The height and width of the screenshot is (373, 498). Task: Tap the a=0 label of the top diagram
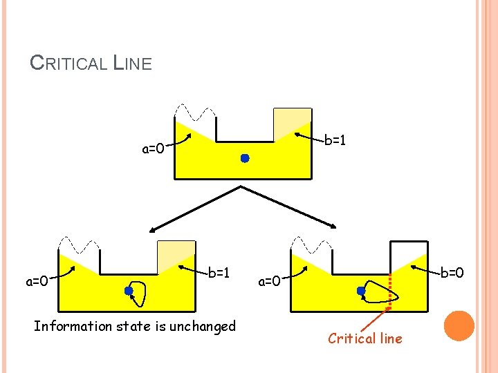pyautogui.click(x=153, y=149)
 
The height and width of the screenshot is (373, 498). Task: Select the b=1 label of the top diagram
pyautogui.click(x=335, y=140)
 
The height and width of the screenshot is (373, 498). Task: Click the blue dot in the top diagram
pyautogui.click(x=245, y=158)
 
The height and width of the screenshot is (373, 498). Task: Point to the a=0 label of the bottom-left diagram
pyautogui.click(x=37, y=281)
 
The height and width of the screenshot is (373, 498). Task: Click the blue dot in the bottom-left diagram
pyautogui.click(x=129, y=291)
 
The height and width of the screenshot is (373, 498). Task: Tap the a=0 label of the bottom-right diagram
pyautogui.click(x=269, y=281)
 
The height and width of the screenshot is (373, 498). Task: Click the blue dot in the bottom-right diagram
pyautogui.click(x=361, y=291)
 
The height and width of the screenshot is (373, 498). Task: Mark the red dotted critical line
pyautogui.click(x=390, y=290)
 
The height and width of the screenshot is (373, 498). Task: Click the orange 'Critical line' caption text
pyautogui.click(x=365, y=338)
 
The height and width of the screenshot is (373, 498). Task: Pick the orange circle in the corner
pyautogui.click(x=459, y=326)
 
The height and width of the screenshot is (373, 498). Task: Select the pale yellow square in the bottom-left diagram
pyautogui.click(x=176, y=256)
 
